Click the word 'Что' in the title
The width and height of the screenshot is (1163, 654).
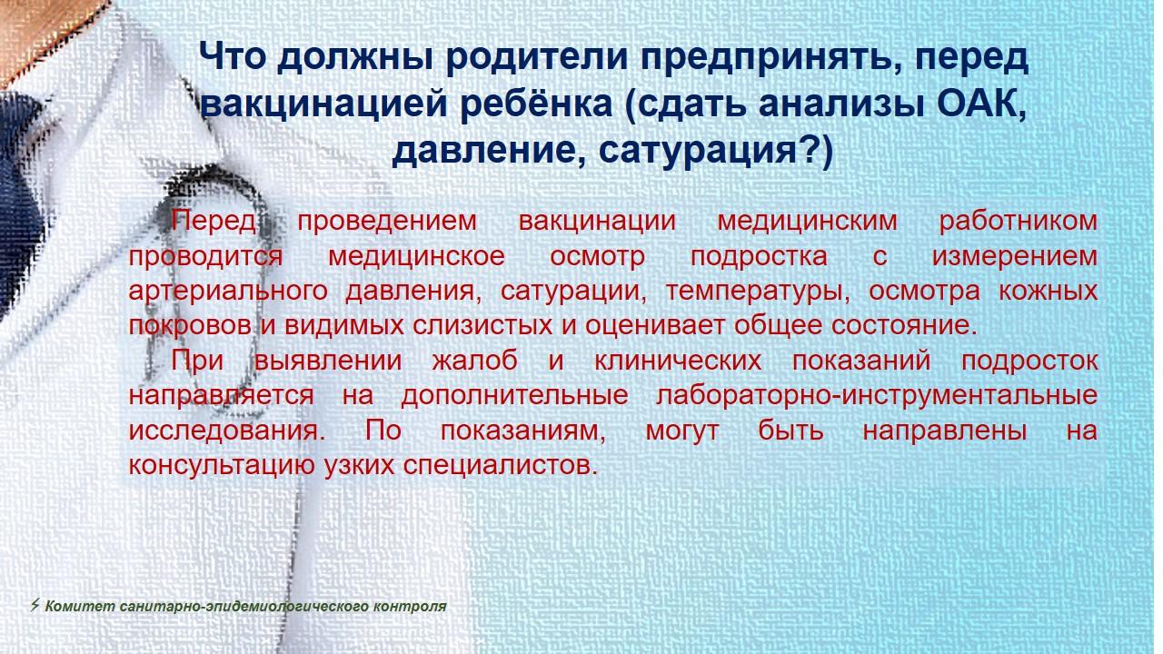coord(232,56)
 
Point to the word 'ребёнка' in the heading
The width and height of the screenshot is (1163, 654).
coord(536,103)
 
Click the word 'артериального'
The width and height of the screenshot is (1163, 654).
coord(228,292)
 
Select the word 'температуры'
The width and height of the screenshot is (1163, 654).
coord(758,292)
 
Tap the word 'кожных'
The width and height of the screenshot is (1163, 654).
coord(1048,291)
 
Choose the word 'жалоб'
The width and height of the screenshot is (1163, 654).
coord(474,361)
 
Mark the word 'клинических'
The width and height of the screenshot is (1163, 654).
coord(678,361)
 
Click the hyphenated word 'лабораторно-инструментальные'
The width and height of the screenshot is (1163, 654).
coord(877,396)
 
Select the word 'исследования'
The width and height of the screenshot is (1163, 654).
coord(227,431)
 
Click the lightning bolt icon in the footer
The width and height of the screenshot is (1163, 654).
coord(35,605)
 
